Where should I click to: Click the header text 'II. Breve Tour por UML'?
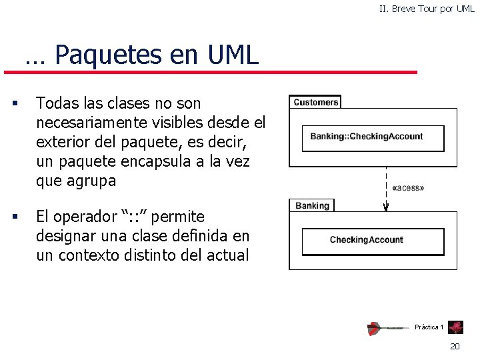pyautogui.click(x=427, y=9)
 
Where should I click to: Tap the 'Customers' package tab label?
pyautogui.click(x=315, y=102)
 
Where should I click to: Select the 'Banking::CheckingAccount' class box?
pyautogui.click(x=366, y=137)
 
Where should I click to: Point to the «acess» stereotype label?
pyautogui.click(x=409, y=188)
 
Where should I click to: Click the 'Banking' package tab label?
pyautogui.click(x=312, y=205)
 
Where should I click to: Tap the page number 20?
pyautogui.click(x=455, y=346)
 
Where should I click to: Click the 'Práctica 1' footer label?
pyautogui.click(x=429, y=327)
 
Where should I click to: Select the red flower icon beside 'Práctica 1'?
pyautogui.click(x=457, y=327)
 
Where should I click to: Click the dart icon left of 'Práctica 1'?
pyautogui.click(x=387, y=328)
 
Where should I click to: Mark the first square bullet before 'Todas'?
pyautogui.click(x=14, y=103)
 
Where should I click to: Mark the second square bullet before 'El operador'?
pyautogui.click(x=14, y=217)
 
